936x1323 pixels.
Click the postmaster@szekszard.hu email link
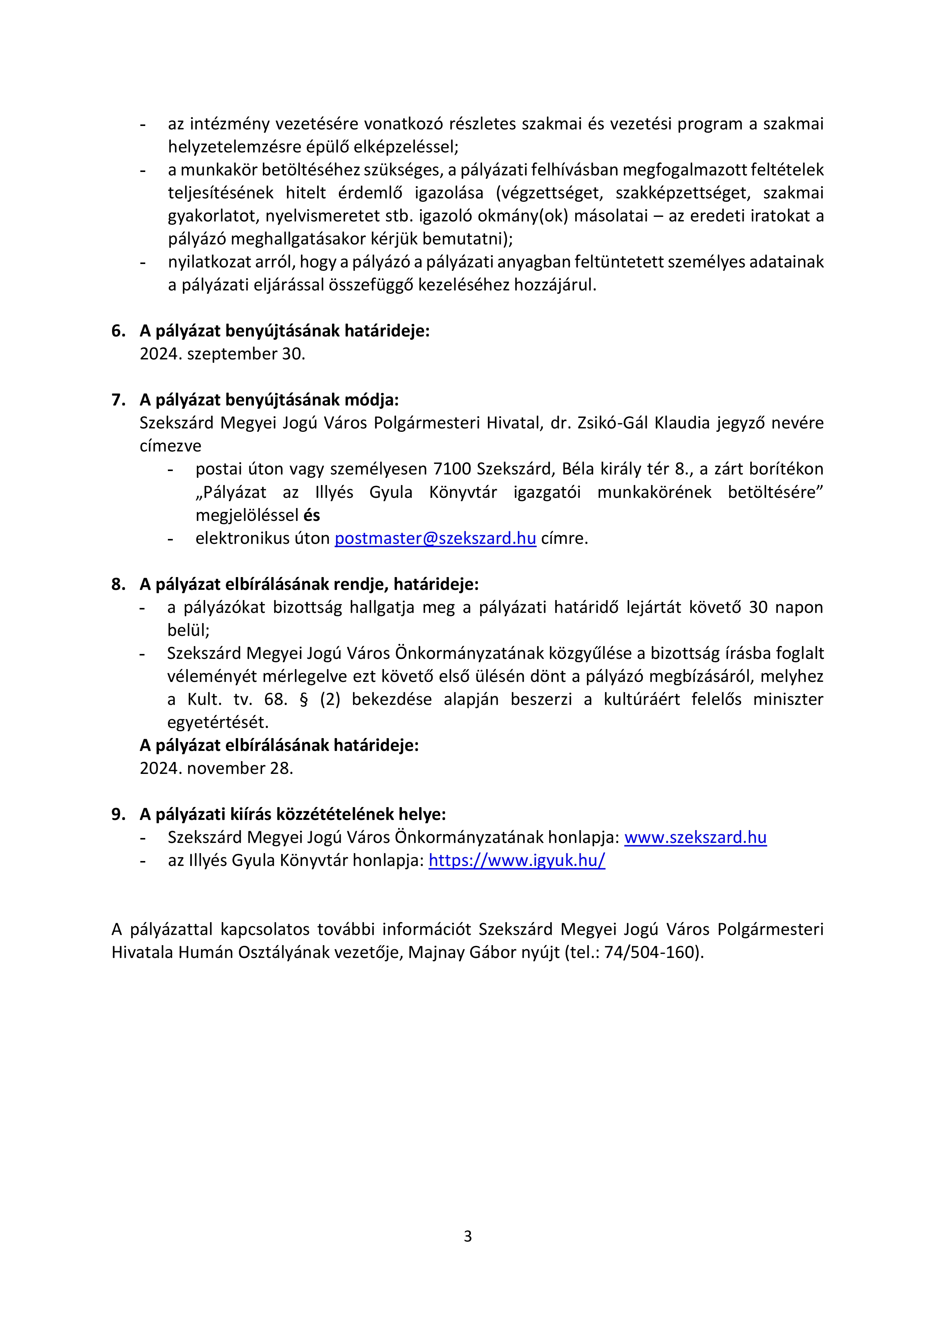(435, 538)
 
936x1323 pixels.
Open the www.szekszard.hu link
(695, 837)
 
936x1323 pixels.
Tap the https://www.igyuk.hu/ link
(516, 860)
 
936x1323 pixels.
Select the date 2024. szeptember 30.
(222, 354)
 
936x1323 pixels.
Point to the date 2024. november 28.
(216, 768)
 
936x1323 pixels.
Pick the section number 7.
(118, 400)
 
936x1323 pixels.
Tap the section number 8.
(118, 584)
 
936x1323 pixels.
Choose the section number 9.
(118, 814)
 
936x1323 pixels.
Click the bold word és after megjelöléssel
(311, 515)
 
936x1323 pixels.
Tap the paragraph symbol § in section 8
(304, 700)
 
